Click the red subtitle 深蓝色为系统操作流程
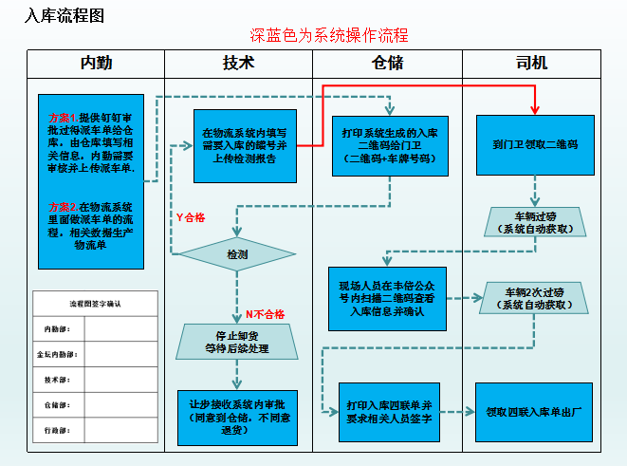[329, 36]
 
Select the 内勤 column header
[95, 64]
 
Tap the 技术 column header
[238, 64]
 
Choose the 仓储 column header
[387, 64]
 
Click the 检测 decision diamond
[236, 254]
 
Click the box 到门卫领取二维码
[535, 145]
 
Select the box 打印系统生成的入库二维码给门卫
[389, 144]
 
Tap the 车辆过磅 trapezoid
[538, 222]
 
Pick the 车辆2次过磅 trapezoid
[538, 298]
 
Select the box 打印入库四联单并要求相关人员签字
[389, 412]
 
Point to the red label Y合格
[191, 216]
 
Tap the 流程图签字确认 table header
[95, 304]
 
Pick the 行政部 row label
[59, 429]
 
